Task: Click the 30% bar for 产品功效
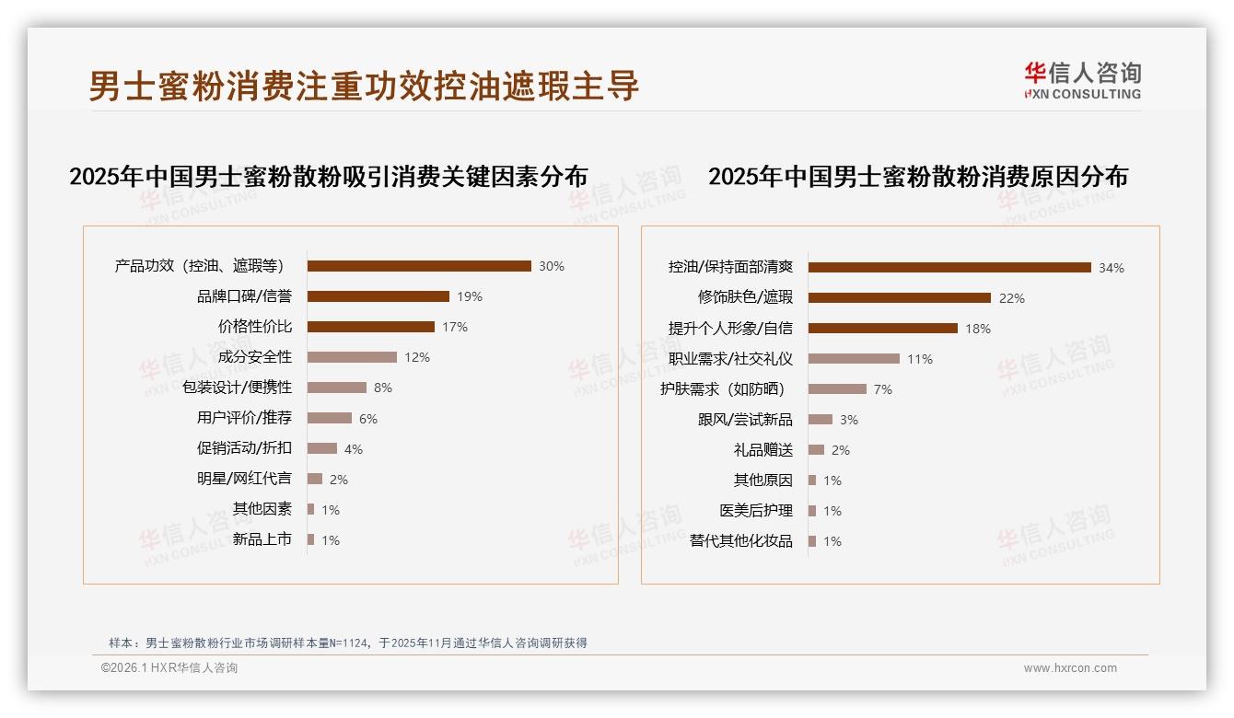[x=419, y=266]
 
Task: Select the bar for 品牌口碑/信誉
[x=378, y=296]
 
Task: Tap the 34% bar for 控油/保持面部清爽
[x=949, y=268]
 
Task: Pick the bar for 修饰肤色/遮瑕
[x=900, y=298]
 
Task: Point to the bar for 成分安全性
[x=352, y=357]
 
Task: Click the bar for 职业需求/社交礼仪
[x=854, y=359]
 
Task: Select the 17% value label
[x=455, y=327]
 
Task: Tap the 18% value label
[x=978, y=329]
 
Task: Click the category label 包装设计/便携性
[x=237, y=388]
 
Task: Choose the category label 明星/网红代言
[x=244, y=479]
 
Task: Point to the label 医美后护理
[x=755, y=511]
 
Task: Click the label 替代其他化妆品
[x=740, y=541]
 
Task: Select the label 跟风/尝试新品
[x=744, y=420]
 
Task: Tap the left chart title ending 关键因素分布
[x=328, y=177]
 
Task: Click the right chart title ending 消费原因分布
[x=917, y=177]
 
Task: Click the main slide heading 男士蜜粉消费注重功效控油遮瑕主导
[x=364, y=86]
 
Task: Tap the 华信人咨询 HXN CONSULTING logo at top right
[x=1082, y=81]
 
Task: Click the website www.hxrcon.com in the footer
[x=1070, y=668]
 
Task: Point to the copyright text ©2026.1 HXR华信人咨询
[x=169, y=668]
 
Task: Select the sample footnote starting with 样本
[x=347, y=643]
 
